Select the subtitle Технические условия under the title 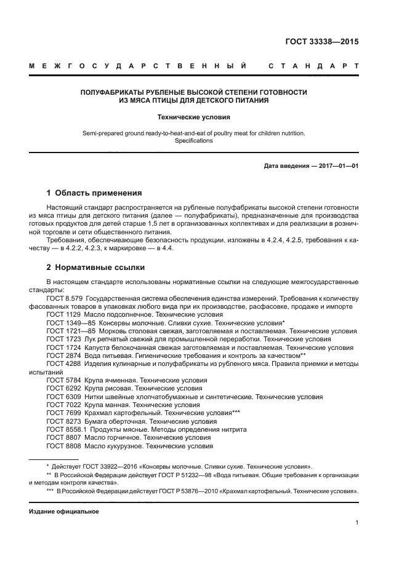194,117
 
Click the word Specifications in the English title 194,141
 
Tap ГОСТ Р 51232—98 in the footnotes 169,475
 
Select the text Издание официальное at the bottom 63,512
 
